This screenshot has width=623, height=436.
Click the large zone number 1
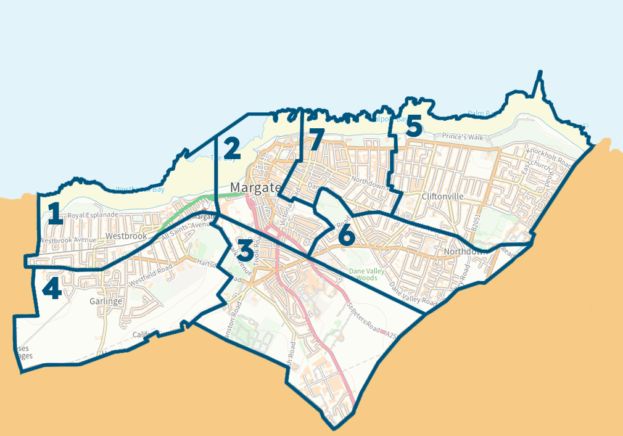[55, 213]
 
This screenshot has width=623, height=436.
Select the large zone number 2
[232, 149]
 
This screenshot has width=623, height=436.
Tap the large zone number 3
[244, 251]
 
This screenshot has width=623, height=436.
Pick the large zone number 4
[51, 288]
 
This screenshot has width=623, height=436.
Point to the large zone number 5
[413, 126]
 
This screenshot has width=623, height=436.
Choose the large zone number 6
[347, 234]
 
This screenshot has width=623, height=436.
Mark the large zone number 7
[315, 139]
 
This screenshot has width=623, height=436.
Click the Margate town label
[255, 187]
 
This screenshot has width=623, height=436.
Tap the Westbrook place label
[126, 236]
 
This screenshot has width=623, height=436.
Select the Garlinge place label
[105, 302]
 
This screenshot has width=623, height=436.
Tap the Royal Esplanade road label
[93, 215]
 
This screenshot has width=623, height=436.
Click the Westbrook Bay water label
[140, 189]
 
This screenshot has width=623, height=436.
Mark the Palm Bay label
[481, 113]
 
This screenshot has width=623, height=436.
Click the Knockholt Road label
[549, 155]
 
